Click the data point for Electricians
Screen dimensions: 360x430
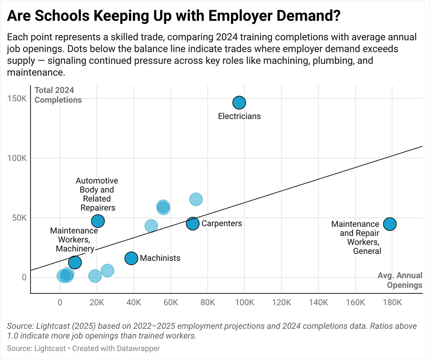[239, 103]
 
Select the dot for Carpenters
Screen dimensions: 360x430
[193, 224]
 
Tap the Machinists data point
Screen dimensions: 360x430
[131, 258]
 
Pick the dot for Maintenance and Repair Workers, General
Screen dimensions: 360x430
[390, 224]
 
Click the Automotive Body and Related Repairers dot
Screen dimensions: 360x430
[98, 221]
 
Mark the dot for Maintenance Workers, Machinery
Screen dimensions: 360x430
[75, 262]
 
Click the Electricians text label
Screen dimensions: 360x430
[239, 116]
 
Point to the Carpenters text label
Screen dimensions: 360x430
[221, 224]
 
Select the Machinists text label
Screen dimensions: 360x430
[160, 258]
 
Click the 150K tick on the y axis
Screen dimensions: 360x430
[18, 98]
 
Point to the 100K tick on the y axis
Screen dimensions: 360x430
[18, 158]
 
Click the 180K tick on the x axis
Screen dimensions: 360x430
[392, 303]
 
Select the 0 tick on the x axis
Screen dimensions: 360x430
[60, 303]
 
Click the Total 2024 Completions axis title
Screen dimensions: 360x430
[58, 95]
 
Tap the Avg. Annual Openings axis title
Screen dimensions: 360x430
[400, 280]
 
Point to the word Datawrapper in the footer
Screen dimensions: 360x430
[139, 348]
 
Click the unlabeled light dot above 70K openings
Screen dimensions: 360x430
[196, 200]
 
